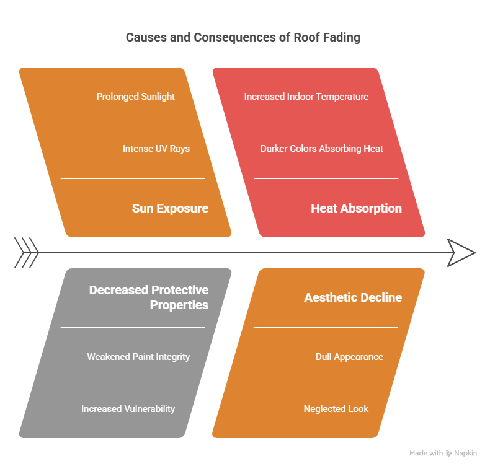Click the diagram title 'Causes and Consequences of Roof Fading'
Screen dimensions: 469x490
click(x=243, y=37)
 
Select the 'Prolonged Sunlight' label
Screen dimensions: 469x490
click(x=135, y=97)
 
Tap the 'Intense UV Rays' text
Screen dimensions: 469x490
click(x=156, y=149)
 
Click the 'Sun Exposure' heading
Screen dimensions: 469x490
click(x=170, y=208)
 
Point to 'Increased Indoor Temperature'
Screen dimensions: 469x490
click(x=306, y=97)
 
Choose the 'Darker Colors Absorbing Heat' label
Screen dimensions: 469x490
click(x=321, y=149)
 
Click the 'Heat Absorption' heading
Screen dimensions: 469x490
click(x=356, y=208)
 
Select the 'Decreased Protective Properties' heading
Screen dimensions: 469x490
click(x=149, y=297)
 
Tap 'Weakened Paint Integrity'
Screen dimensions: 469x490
click(x=138, y=357)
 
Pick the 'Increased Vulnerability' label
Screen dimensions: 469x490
click(x=128, y=409)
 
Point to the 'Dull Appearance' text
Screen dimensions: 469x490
click(x=349, y=357)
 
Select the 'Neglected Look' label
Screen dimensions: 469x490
click(x=336, y=409)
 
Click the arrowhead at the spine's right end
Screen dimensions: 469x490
click(x=461, y=253)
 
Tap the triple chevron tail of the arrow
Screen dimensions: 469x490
click(x=26, y=253)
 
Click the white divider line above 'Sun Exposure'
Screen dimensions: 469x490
click(x=132, y=178)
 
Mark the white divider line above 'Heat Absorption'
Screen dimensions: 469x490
click(x=326, y=178)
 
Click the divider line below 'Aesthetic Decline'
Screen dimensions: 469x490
click(x=326, y=327)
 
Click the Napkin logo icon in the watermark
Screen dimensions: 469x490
click(x=449, y=454)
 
